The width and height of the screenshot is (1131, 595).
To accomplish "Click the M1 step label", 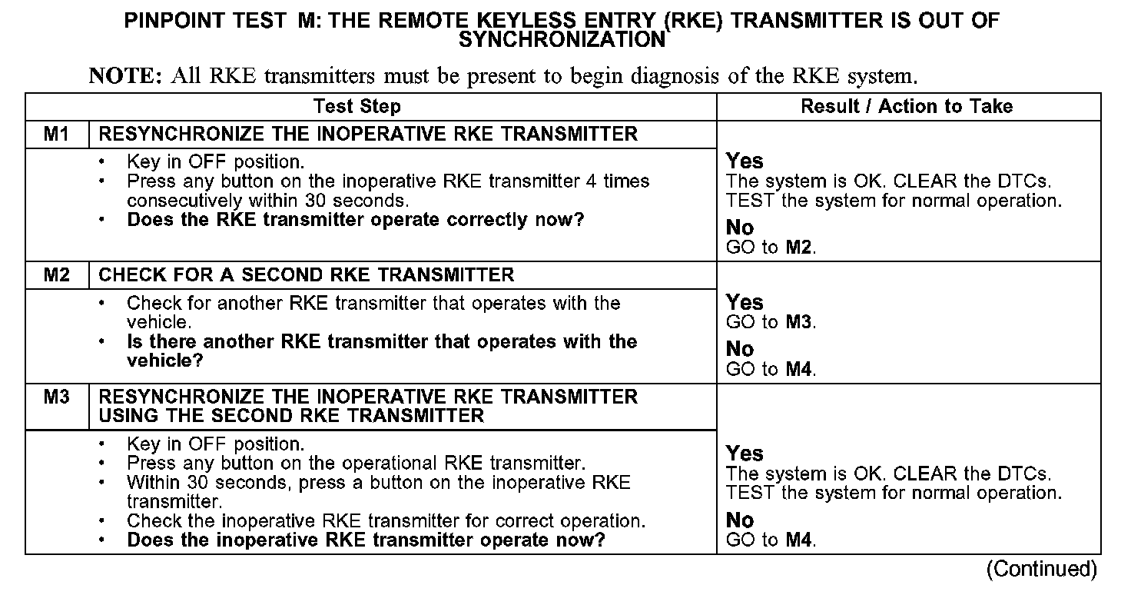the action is tap(56, 135).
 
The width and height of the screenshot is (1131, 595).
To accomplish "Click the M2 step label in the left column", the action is tap(56, 275).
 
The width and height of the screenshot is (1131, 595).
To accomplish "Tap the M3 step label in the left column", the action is tap(56, 397).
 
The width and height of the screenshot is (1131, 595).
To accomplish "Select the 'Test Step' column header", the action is tap(357, 107).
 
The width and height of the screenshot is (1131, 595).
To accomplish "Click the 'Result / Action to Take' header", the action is tap(907, 107).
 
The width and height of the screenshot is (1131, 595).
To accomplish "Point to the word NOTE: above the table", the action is tap(125, 76).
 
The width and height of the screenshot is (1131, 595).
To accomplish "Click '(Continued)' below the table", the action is tap(1043, 569).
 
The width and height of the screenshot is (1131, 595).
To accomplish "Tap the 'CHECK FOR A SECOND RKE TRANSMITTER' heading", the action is tap(307, 275).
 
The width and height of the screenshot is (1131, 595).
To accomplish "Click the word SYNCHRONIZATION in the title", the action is tap(562, 39).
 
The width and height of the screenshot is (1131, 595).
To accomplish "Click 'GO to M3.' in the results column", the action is tap(771, 322).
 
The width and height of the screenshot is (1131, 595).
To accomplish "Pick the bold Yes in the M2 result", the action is tap(745, 302).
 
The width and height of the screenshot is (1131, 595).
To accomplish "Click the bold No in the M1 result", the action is tap(740, 228).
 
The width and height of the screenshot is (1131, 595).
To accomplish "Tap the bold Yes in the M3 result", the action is tap(745, 454).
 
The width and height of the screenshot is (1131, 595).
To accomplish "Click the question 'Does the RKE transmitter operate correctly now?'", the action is tap(356, 220).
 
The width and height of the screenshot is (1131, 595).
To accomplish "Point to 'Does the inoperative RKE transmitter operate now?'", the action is tap(366, 540).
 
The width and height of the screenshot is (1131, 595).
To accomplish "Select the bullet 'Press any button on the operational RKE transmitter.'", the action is tap(356, 464).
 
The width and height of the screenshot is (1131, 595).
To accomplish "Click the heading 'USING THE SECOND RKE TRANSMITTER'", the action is tap(291, 416).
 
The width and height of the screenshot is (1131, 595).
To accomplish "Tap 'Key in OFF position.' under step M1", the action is tap(215, 162).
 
